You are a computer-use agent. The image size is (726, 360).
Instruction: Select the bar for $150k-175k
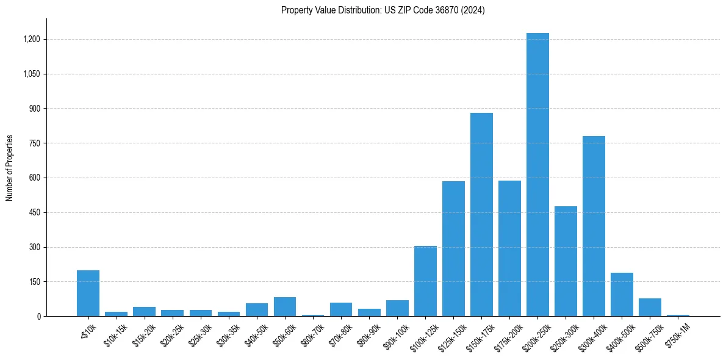click(481, 214)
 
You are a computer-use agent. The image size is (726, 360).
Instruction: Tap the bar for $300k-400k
click(594, 226)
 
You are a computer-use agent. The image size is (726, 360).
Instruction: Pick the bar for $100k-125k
click(425, 281)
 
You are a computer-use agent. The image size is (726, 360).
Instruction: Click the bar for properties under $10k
click(88, 293)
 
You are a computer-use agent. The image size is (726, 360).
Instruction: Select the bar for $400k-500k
click(622, 294)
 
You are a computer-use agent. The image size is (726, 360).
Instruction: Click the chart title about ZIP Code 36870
click(383, 10)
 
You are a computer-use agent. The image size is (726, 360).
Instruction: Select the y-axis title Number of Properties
click(10, 168)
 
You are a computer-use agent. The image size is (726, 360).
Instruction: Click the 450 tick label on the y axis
click(34, 212)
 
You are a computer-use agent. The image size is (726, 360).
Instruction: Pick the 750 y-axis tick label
click(34, 143)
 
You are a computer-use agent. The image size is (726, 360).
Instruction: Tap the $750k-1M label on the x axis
click(677, 333)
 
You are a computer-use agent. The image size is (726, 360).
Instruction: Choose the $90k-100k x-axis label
click(396, 333)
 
